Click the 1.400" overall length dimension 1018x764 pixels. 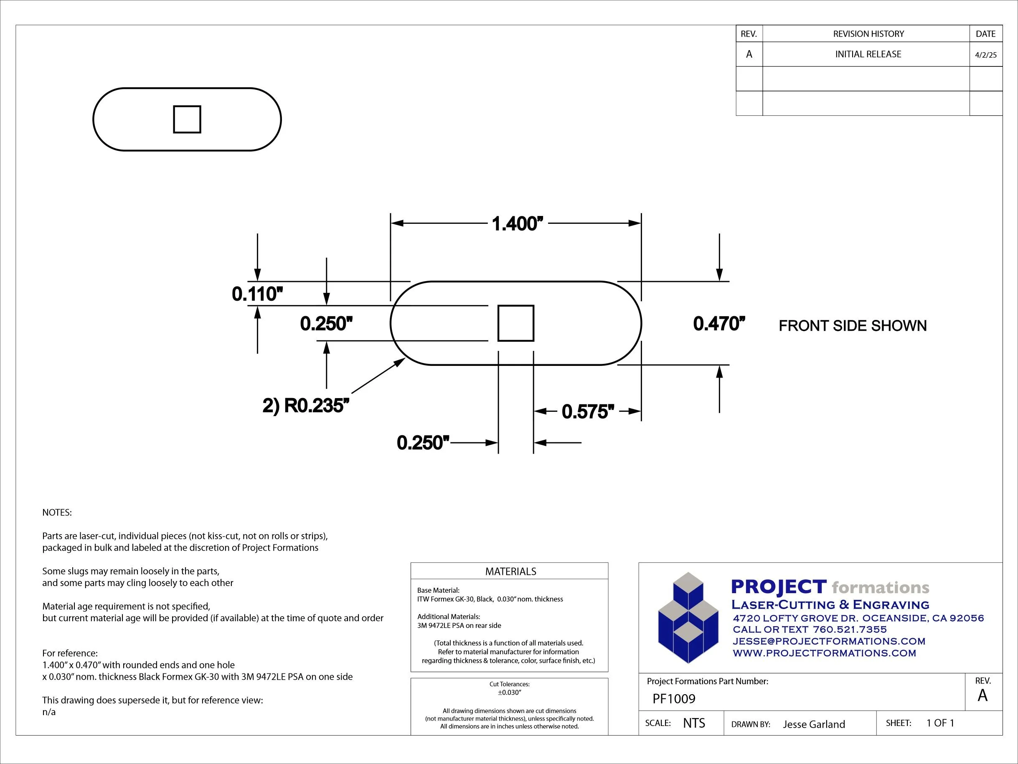tap(517, 223)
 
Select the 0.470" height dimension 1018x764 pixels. tap(719, 324)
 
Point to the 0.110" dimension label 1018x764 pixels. tap(257, 294)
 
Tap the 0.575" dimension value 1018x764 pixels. tap(588, 411)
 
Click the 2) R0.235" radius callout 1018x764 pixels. tap(306, 406)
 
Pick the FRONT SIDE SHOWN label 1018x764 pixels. tap(853, 326)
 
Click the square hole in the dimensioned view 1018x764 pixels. tap(516, 323)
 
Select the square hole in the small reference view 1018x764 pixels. tap(187, 119)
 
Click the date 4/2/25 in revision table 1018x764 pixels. tap(986, 55)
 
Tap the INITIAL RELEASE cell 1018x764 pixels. tap(868, 54)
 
